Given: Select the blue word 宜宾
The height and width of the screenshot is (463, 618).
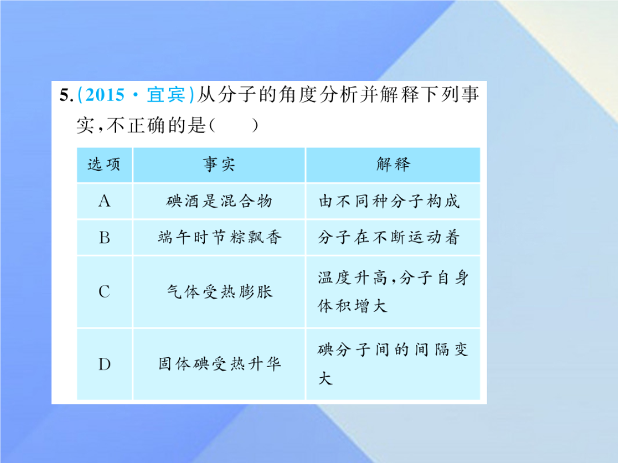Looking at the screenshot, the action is (x=166, y=95).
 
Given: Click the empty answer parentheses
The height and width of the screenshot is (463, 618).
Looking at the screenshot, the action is (x=234, y=126).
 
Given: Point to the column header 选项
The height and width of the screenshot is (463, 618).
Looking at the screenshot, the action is (x=104, y=165).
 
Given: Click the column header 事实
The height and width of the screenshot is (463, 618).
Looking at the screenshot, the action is (x=219, y=164).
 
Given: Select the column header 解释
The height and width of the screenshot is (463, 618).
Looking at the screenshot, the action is (x=393, y=164).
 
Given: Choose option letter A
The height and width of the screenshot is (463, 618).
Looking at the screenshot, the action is (x=105, y=201).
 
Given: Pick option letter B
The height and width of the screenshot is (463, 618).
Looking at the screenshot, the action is (x=105, y=237).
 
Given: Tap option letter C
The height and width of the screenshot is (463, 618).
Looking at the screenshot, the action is (x=105, y=292).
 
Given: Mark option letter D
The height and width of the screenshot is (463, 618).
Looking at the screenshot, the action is (x=105, y=365).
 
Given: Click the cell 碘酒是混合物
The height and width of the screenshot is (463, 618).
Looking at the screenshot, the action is (x=219, y=201).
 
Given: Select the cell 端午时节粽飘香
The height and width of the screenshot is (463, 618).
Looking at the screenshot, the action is (x=220, y=237).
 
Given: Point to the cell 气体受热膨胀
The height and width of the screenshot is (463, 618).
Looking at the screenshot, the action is (x=220, y=292).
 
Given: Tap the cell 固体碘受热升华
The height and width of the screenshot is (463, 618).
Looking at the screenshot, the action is (x=220, y=364).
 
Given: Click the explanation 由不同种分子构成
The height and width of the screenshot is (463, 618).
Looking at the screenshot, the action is (x=389, y=201).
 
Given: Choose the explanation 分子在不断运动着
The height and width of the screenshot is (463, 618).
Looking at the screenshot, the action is (x=389, y=237).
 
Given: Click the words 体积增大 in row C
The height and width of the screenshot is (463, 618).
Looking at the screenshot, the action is (x=352, y=306).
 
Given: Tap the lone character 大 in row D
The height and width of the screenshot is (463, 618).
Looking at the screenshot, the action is (x=325, y=378).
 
